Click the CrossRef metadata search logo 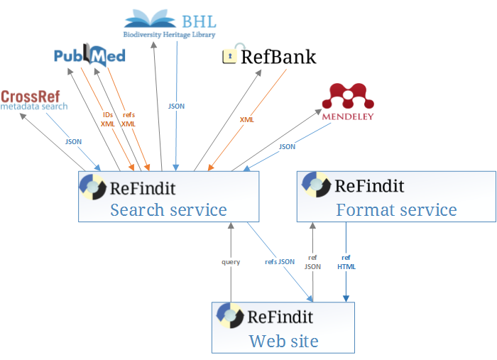click(34, 100)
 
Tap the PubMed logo click(89, 55)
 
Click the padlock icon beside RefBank click(229, 55)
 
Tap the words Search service click(168, 210)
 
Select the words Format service click(396, 210)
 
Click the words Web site click(283, 342)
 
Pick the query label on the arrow click(231, 262)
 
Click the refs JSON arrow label click(280, 262)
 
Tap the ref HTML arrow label click(347, 262)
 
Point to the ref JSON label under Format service click(312, 262)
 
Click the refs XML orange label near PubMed click(129, 119)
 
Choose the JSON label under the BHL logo click(176, 106)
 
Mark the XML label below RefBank click(246, 120)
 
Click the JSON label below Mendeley click(287, 146)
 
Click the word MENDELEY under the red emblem click(347, 116)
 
